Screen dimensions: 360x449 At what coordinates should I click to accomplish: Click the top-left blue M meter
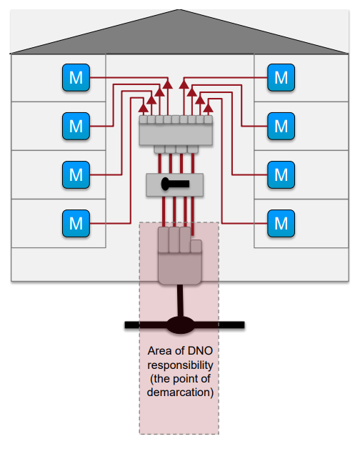(76, 78)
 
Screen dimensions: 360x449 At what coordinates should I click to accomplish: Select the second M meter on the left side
(76, 127)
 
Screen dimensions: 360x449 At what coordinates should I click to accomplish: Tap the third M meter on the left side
(76, 175)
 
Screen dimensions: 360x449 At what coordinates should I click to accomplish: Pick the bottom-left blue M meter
(76, 224)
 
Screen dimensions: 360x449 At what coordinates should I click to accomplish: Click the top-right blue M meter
(281, 78)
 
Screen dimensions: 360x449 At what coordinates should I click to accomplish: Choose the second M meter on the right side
(281, 127)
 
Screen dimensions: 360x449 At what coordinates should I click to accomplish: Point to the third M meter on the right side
(281, 175)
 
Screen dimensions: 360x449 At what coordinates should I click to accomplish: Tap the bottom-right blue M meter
(281, 224)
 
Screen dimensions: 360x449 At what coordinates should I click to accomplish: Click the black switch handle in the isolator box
(175, 184)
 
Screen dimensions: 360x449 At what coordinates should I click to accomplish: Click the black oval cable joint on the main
(180, 325)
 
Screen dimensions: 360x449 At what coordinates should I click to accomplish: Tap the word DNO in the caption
(200, 351)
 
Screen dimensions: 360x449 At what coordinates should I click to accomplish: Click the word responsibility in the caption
(180, 365)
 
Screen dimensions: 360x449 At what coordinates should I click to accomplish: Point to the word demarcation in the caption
(180, 393)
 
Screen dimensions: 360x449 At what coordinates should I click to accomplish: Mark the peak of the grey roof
(179, 10)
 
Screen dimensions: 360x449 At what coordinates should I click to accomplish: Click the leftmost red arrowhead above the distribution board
(143, 108)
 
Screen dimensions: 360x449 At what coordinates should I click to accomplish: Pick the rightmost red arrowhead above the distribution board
(209, 108)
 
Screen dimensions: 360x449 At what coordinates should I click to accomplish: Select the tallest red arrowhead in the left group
(168, 84)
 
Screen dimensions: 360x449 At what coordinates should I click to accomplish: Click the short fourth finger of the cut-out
(196, 246)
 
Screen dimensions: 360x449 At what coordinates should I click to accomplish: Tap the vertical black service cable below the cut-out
(180, 301)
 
